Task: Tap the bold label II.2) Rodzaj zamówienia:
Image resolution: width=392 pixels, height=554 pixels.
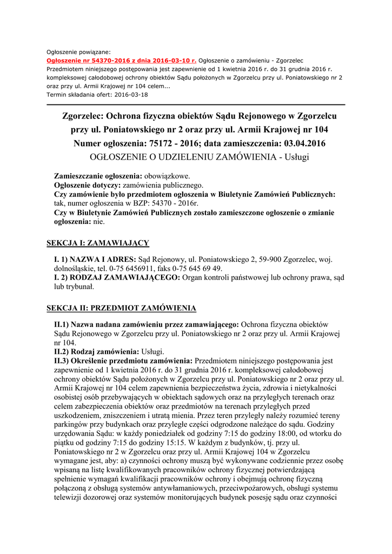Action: click(92, 351)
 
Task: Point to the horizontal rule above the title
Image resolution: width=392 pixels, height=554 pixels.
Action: click(196, 104)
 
